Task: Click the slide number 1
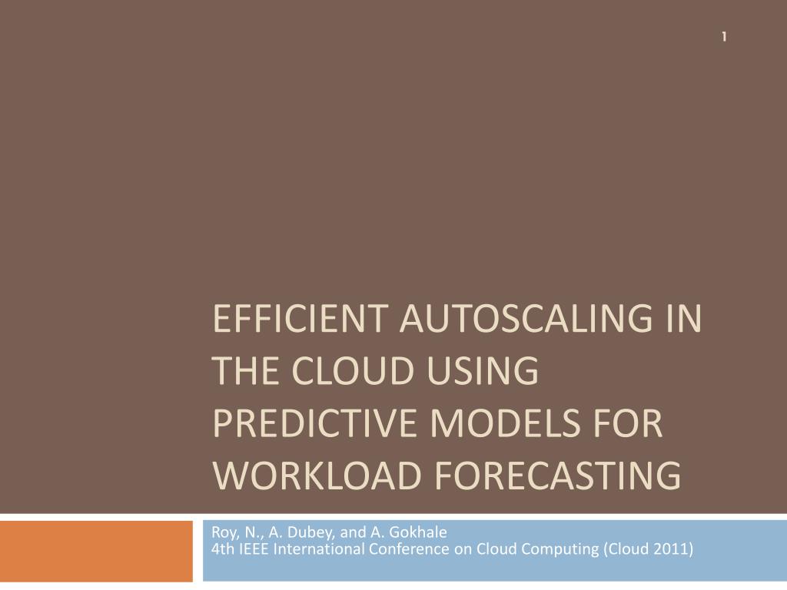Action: coord(725,36)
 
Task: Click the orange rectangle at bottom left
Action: coord(96,551)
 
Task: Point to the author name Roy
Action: coord(223,532)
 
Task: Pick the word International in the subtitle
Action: coord(315,549)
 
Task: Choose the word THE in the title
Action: coord(244,372)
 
